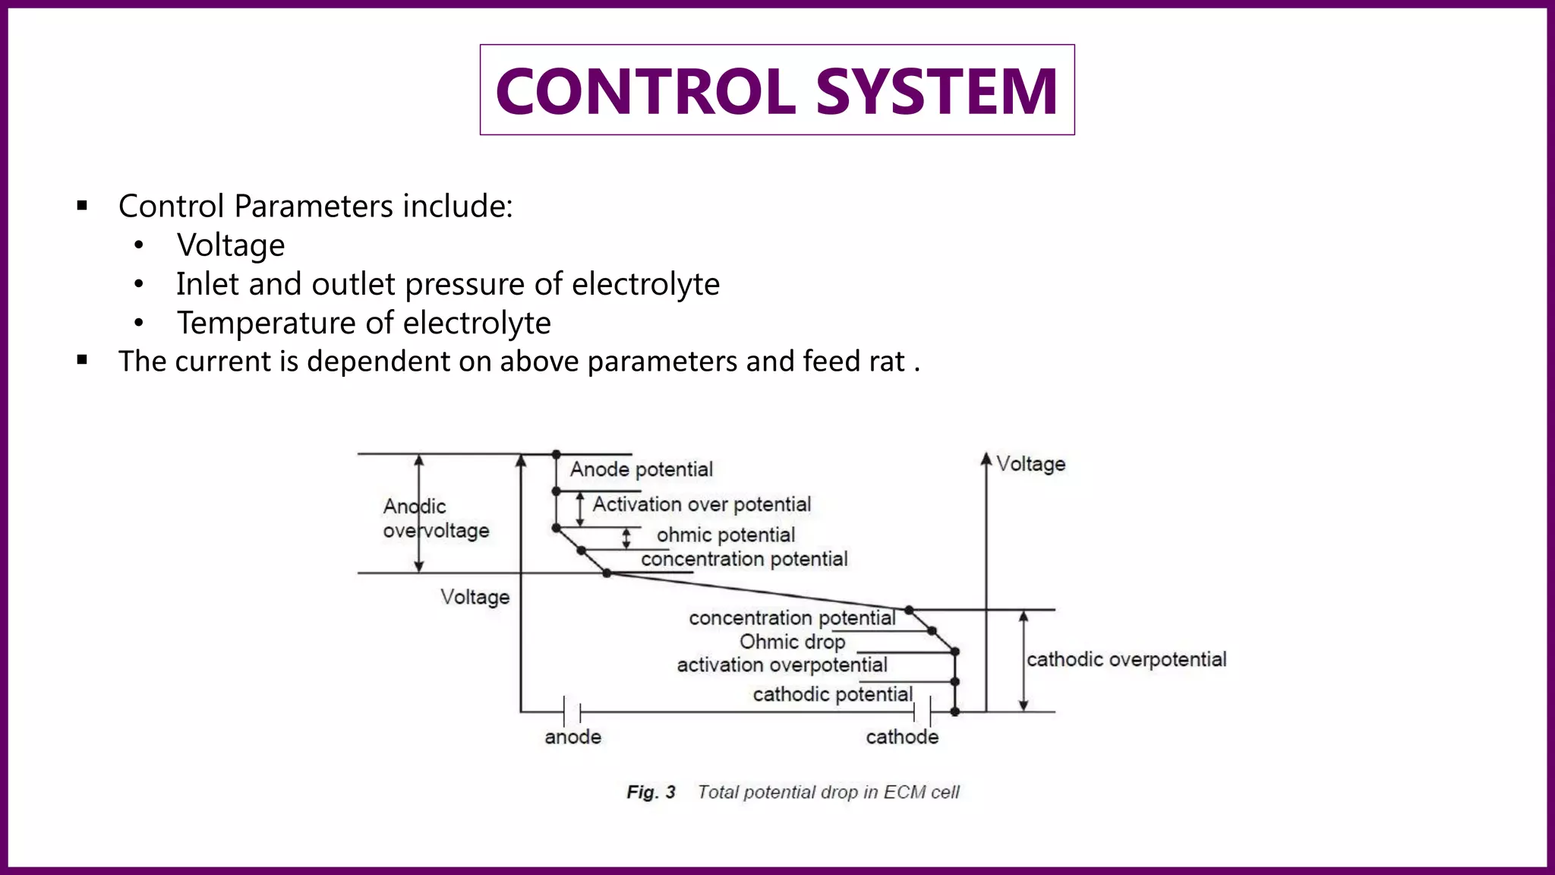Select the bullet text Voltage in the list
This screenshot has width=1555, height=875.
[x=231, y=245]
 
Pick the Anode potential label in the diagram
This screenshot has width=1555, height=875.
[x=642, y=469]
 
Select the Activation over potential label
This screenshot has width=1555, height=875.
[x=702, y=504]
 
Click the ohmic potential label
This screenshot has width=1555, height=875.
[x=726, y=535]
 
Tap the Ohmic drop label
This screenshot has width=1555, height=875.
[x=792, y=642]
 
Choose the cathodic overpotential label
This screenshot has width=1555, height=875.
[x=1126, y=659]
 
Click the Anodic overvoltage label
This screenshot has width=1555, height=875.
[x=436, y=519]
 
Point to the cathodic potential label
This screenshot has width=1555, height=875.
[x=832, y=694]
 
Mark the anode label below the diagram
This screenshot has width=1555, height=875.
[x=572, y=737]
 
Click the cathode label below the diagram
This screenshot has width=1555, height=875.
[x=902, y=737]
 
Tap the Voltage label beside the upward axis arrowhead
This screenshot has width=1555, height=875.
[x=1030, y=464]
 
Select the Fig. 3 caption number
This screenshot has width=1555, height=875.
[x=651, y=792]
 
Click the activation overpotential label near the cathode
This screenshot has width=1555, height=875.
[x=782, y=665]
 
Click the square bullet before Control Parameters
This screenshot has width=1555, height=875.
[x=83, y=206]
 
